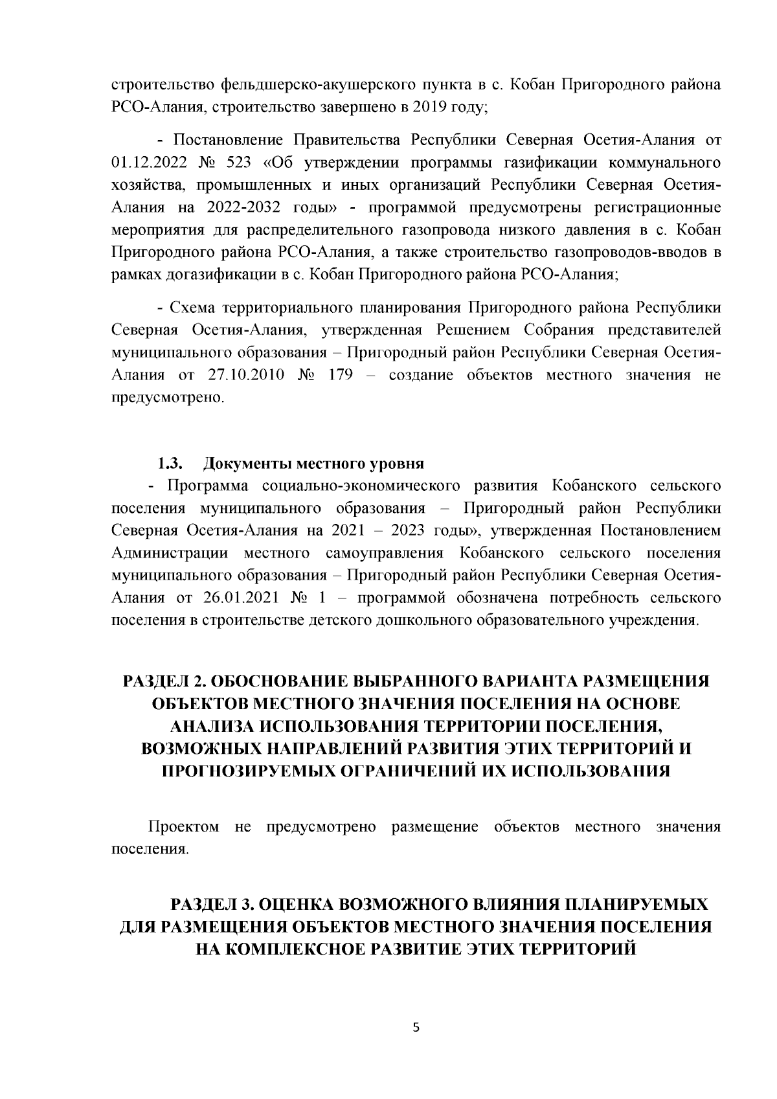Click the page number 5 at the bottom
(x=416, y=1027)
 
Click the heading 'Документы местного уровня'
(x=313, y=464)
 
